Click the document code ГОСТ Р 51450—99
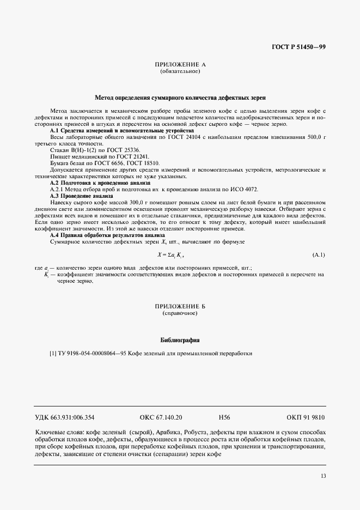pyautogui.click(x=299, y=48)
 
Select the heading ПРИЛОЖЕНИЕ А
pyautogui.click(x=180, y=65)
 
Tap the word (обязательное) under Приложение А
pyautogui.click(x=180, y=71)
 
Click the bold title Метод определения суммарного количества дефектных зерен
pyautogui.click(x=180, y=98)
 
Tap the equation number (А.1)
pyautogui.click(x=319, y=255)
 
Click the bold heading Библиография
pyautogui.click(x=180, y=340)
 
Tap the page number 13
pyautogui.click(x=323, y=476)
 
